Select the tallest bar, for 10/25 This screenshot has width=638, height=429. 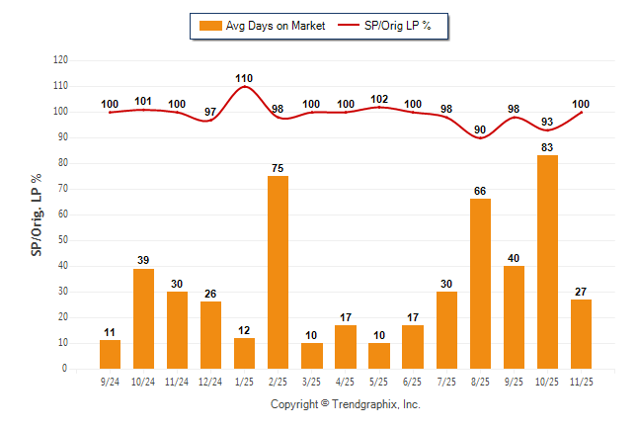coord(546,262)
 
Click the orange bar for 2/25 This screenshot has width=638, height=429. coord(278,272)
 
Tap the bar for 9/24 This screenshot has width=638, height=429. coord(110,354)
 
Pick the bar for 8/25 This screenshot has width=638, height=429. coord(479,284)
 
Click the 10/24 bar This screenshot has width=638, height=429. coord(143,318)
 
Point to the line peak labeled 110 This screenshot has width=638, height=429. coord(244,87)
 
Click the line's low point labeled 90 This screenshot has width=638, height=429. coord(479,137)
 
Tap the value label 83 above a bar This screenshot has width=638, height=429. coord(546,146)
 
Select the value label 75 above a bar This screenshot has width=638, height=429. coord(278,167)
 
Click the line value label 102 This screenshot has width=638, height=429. coord(378,98)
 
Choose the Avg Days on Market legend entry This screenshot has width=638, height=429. coord(259,26)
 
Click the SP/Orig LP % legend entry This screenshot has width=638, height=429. coord(386,26)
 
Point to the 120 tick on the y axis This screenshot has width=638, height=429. coord(60,60)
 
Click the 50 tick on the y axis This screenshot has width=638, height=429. coord(63,240)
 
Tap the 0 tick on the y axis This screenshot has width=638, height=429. coord(65,369)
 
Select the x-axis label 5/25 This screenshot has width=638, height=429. coord(378,381)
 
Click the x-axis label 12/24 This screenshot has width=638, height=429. coord(210,381)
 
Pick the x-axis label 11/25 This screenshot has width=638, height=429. coord(580,381)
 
